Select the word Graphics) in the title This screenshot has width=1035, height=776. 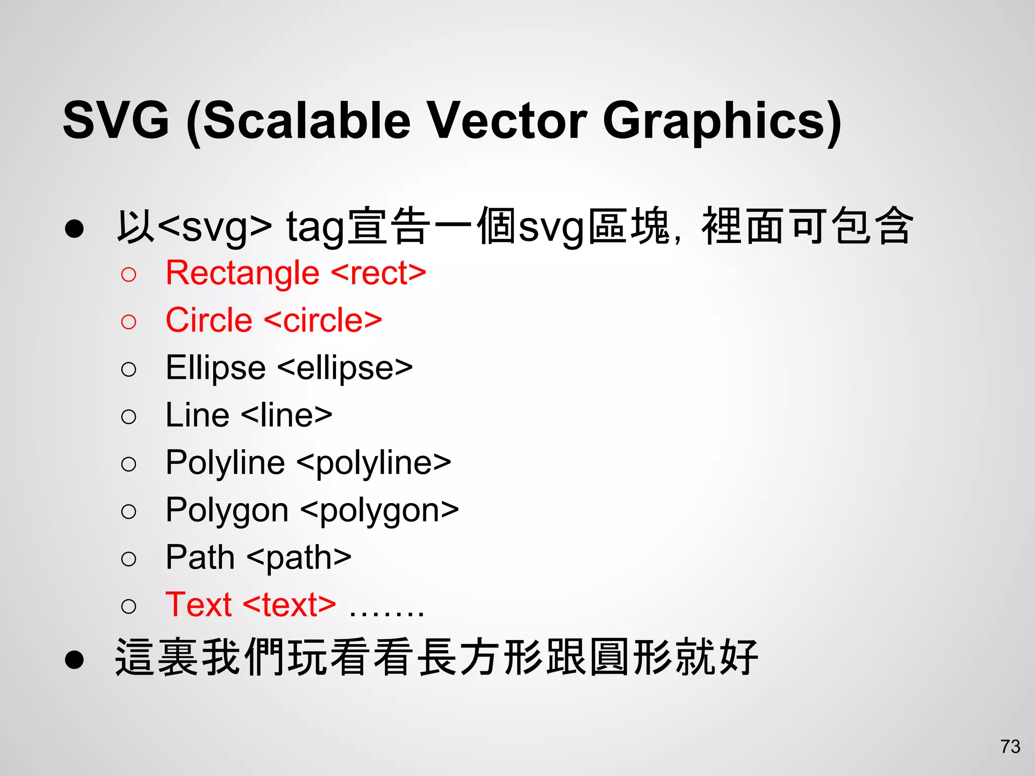[723, 121]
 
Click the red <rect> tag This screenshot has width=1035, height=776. [379, 273]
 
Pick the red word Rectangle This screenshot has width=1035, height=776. [243, 273]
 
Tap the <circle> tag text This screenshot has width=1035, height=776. [323, 320]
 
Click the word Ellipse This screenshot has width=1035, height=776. [216, 368]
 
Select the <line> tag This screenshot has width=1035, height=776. [287, 415]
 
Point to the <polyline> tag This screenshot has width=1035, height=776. [374, 463]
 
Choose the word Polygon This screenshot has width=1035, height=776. [227, 510]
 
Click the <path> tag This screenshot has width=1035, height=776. [299, 558]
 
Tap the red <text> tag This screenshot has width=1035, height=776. [290, 605]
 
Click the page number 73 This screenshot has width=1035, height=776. [1010, 747]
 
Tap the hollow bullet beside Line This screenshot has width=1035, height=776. [129, 417]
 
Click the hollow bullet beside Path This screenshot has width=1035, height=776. [129, 559]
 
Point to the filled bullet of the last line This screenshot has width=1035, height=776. [74, 659]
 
